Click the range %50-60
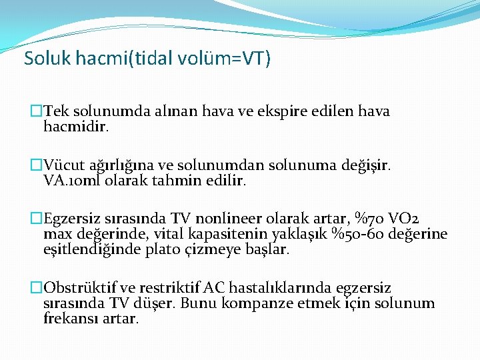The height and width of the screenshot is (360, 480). coord(369,235)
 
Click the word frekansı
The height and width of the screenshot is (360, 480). coord(69,319)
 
